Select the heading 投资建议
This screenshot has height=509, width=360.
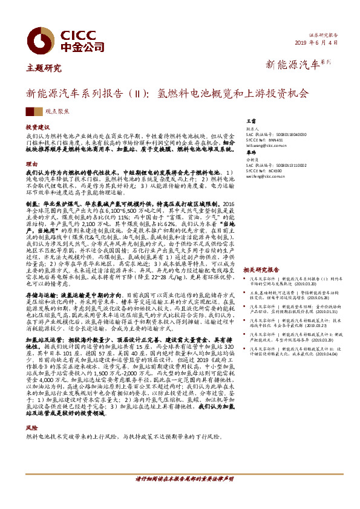(37, 128)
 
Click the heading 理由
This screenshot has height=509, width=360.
(31, 164)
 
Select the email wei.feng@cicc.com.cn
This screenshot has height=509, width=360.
(264, 177)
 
